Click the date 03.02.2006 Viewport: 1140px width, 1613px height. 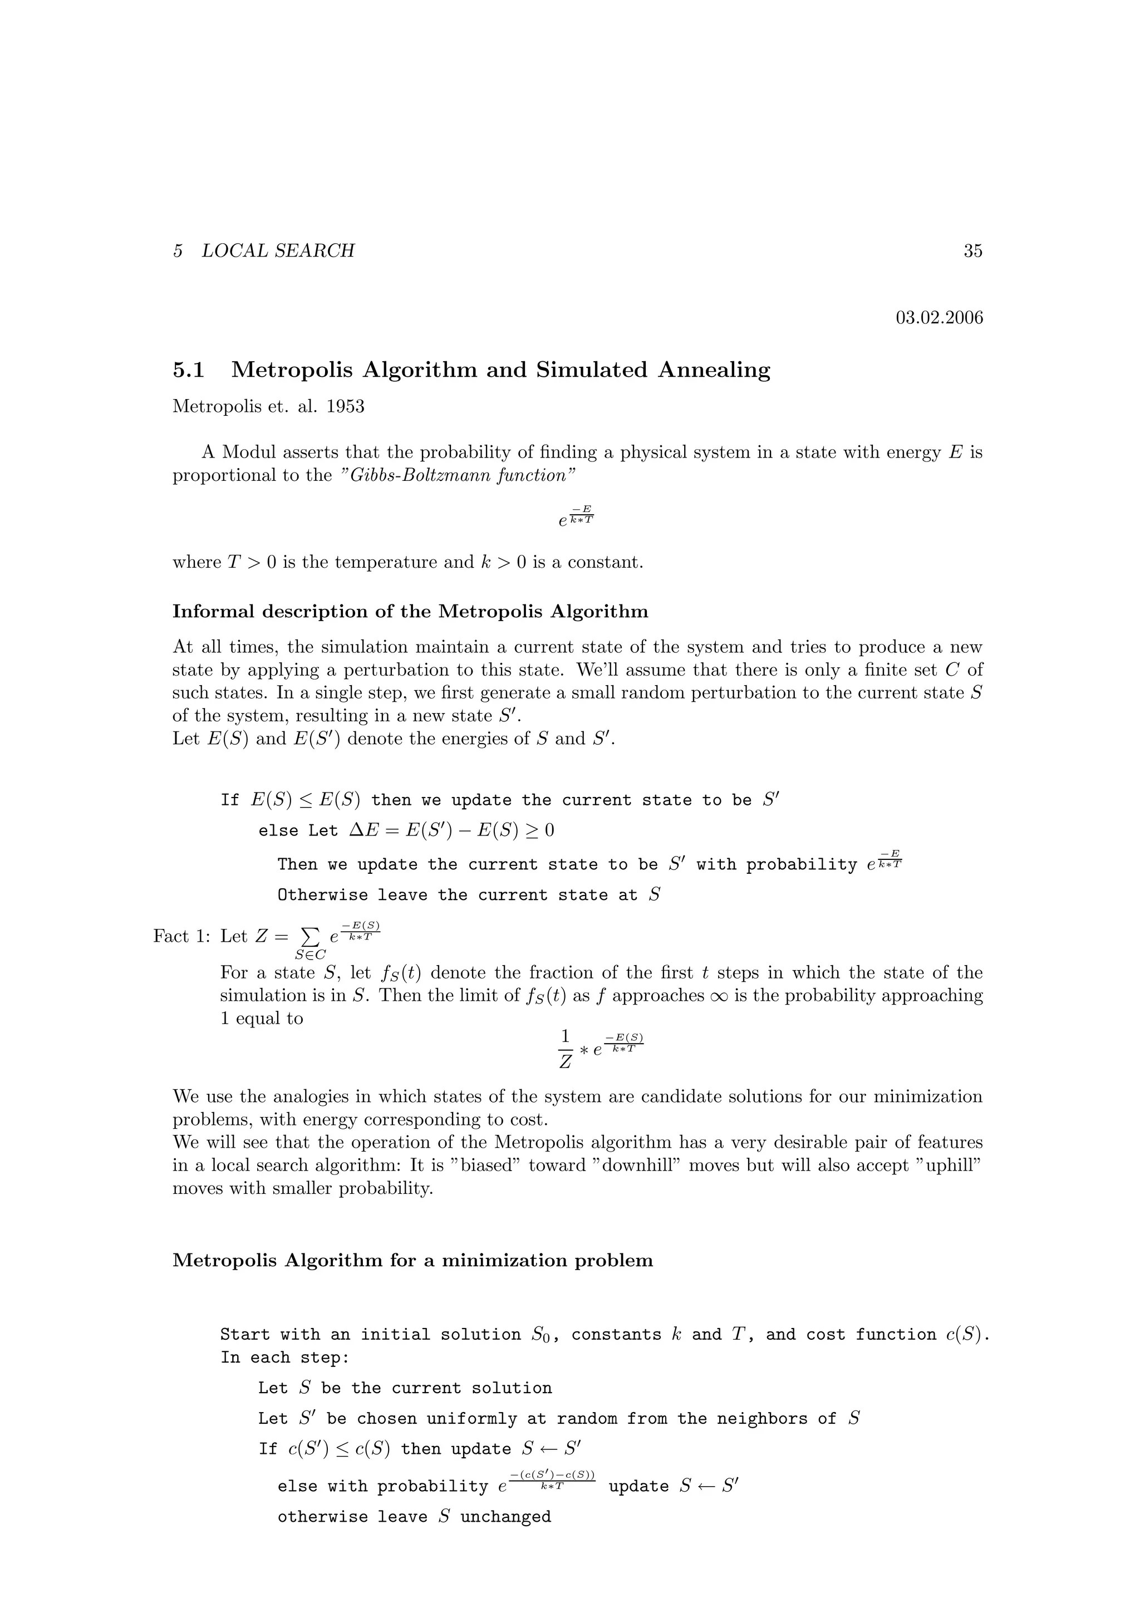click(939, 318)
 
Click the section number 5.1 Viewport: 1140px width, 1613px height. click(188, 370)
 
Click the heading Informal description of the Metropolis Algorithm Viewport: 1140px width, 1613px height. click(410, 611)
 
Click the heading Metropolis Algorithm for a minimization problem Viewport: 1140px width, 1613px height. click(412, 1260)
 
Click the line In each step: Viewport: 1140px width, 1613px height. click(284, 1358)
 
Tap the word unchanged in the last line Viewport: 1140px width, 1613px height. click(506, 1517)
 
